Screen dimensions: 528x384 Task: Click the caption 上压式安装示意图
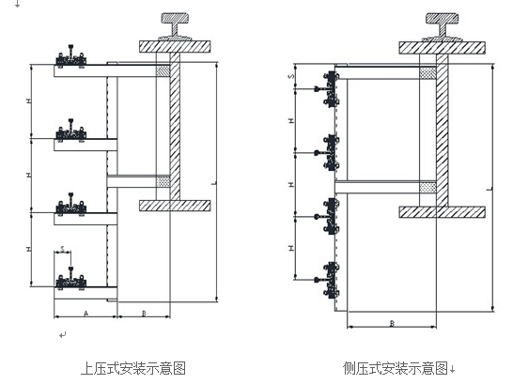[x=133, y=368]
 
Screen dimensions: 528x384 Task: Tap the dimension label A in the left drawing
[x=85, y=314]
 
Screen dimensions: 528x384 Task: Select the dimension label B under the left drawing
[x=144, y=314]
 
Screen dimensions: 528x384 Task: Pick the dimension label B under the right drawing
[x=392, y=323]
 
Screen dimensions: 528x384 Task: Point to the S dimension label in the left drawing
[x=63, y=249]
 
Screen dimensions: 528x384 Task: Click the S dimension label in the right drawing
[x=291, y=76]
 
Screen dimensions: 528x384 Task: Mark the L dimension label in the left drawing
[x=214, y=183]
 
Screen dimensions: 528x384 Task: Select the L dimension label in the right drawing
[x=489, y=189]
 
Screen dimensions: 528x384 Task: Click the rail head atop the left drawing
[x=175, y=18]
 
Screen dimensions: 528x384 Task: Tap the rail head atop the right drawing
[x=442, y=18]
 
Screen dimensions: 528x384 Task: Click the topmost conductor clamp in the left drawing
[x=70, y=57]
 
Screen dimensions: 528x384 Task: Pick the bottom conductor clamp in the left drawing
[x=70, y=279]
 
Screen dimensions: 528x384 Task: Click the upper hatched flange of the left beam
[x=175, y=46]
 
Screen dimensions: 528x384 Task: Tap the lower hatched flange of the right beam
[x=442, y=212]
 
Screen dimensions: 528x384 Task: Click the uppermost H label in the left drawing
[x=29, y=100]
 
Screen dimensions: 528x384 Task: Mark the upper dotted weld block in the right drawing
[x=427, y=73]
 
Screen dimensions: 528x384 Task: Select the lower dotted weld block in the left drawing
[x=163, y=181]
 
